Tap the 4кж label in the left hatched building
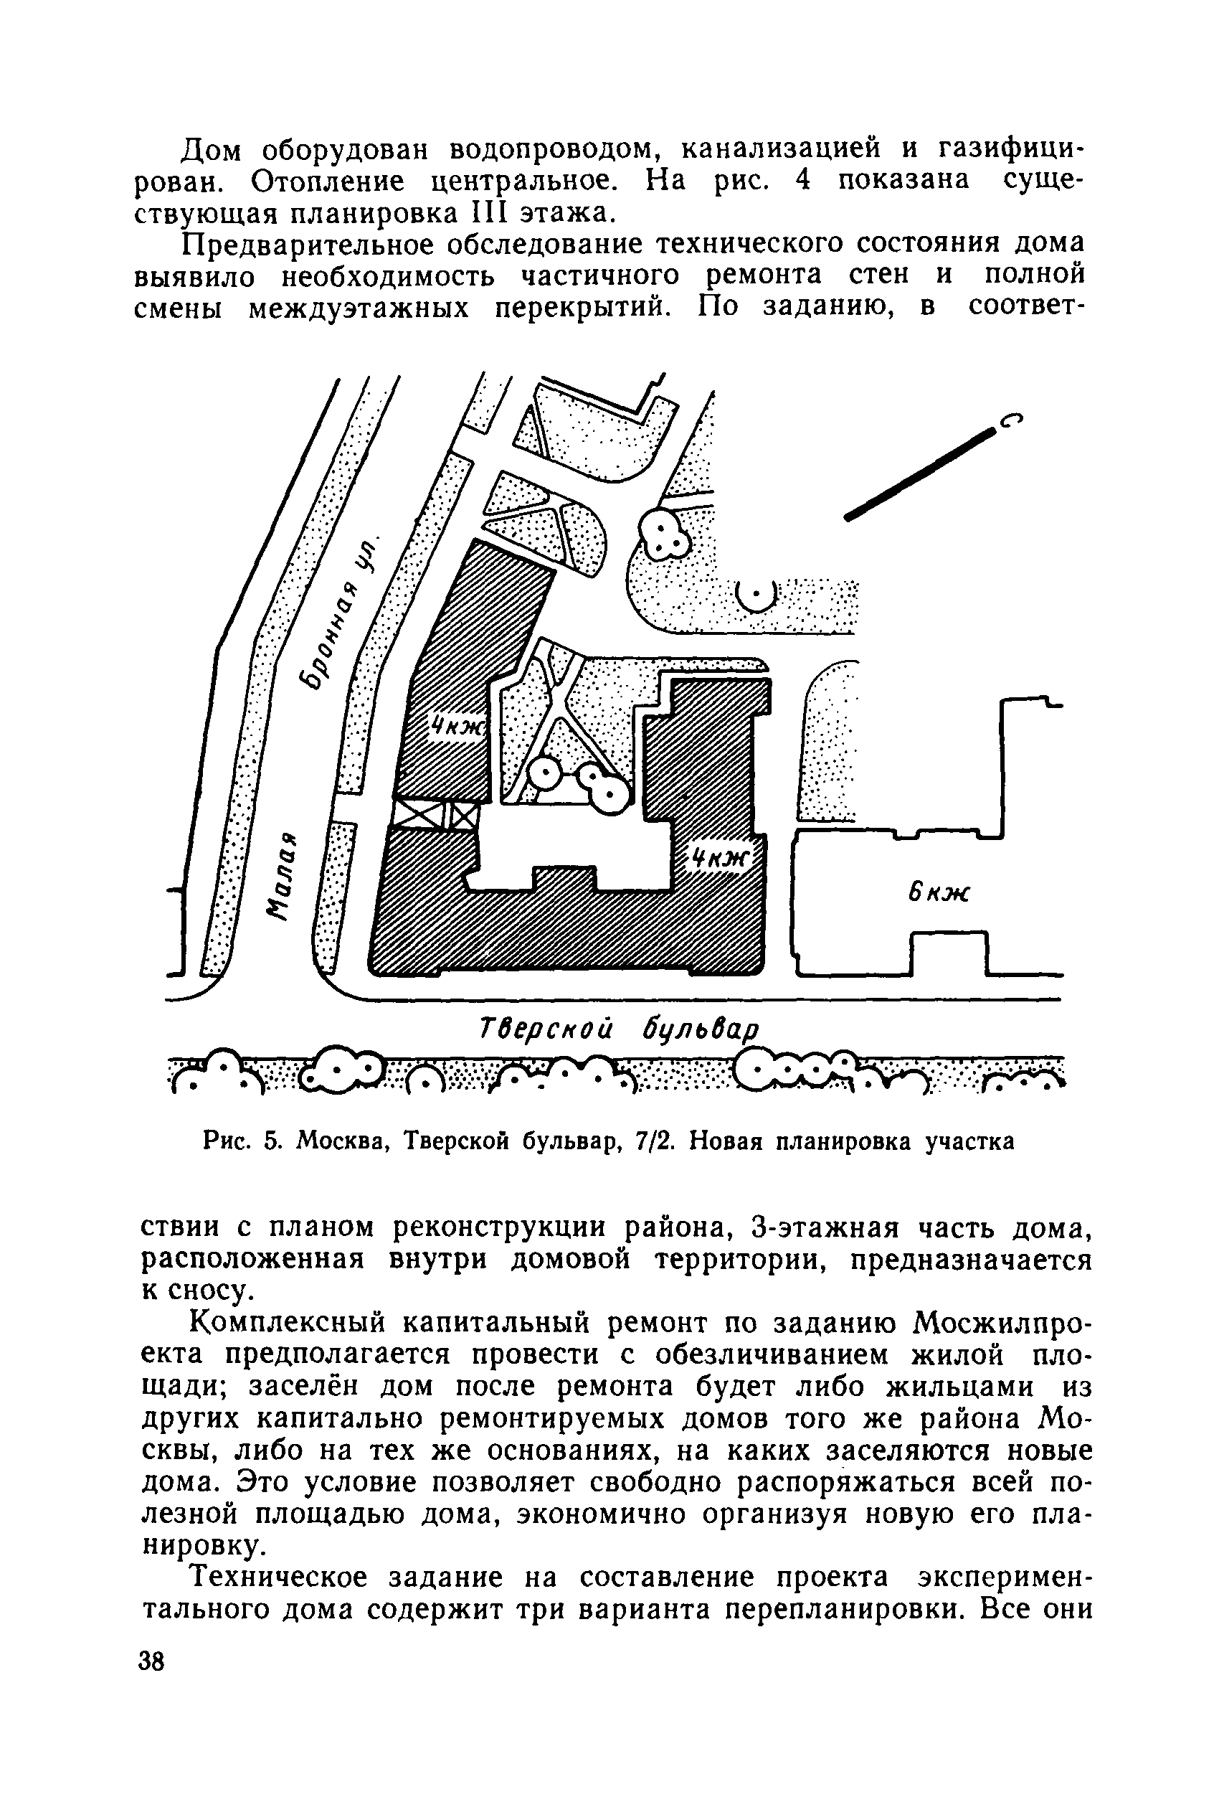coord(458,727)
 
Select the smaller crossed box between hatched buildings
coord(465,815)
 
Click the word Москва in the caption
coord(343,1141)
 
